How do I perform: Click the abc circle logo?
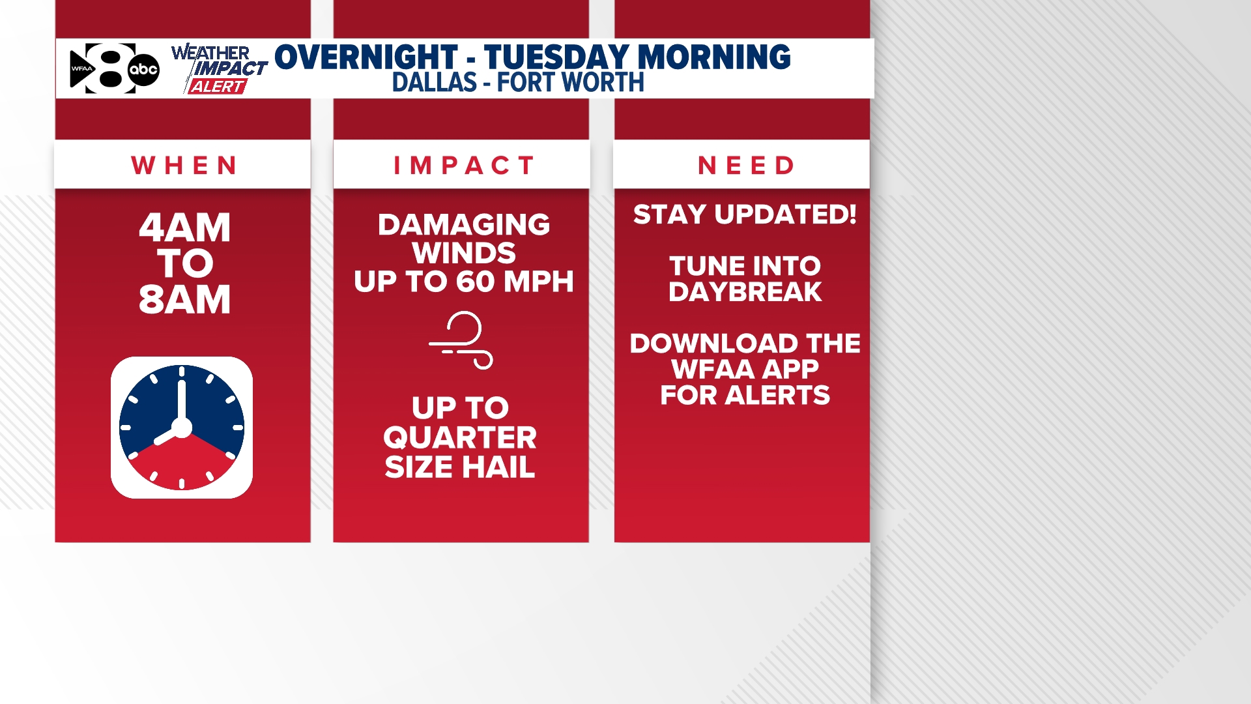(x=143, y=69)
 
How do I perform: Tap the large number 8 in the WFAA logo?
(x=111, y=68)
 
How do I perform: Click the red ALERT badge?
(x=217, y=87)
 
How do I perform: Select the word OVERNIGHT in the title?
(x=366, y=57)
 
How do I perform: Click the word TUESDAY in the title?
(x=556, y=57)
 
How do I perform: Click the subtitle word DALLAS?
(x=435, y=83)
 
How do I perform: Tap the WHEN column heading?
(x=184, y=166)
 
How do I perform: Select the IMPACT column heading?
(x=464, y=166)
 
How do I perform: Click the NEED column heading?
(x=746, y=166)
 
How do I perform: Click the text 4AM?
(x=185, y=228)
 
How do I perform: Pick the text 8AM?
(x=185, y=300)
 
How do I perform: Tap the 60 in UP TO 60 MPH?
(x=475, y=282)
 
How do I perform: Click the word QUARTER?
(x=460, y=437)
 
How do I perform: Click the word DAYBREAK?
(x=745, y=292)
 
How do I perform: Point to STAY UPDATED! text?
(x=745, y=214)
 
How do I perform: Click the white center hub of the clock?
(x=182, y=428)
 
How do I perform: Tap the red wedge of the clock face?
(x=182, y=466)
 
